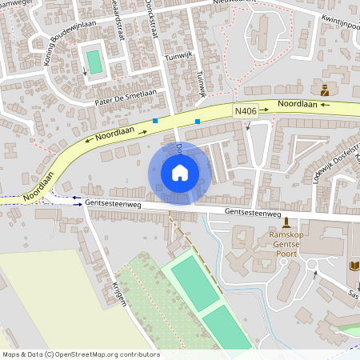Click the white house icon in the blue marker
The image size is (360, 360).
coord(180,173)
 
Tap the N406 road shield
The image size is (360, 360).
coord(246,111)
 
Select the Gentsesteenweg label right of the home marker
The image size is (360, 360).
coord(253,214)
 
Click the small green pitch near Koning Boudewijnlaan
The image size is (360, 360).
coord(94,62)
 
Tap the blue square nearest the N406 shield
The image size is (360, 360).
coord(198,122)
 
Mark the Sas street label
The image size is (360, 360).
coord(353,295)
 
